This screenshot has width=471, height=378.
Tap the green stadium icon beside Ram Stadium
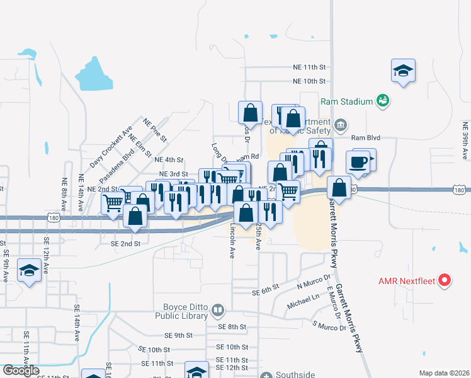(x=382, y=100)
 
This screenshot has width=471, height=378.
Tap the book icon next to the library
(x=217, y=310)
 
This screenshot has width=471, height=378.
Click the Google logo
(x=21, y=370)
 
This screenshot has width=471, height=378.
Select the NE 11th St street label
(x=309, y=67)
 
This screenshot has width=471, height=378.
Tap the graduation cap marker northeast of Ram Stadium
(x=403, y=70)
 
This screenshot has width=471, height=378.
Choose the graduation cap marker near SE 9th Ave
(x=29, y=270)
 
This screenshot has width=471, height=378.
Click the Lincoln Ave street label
(x=232, y=241)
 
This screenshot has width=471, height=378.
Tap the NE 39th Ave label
(x=465, y=140)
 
